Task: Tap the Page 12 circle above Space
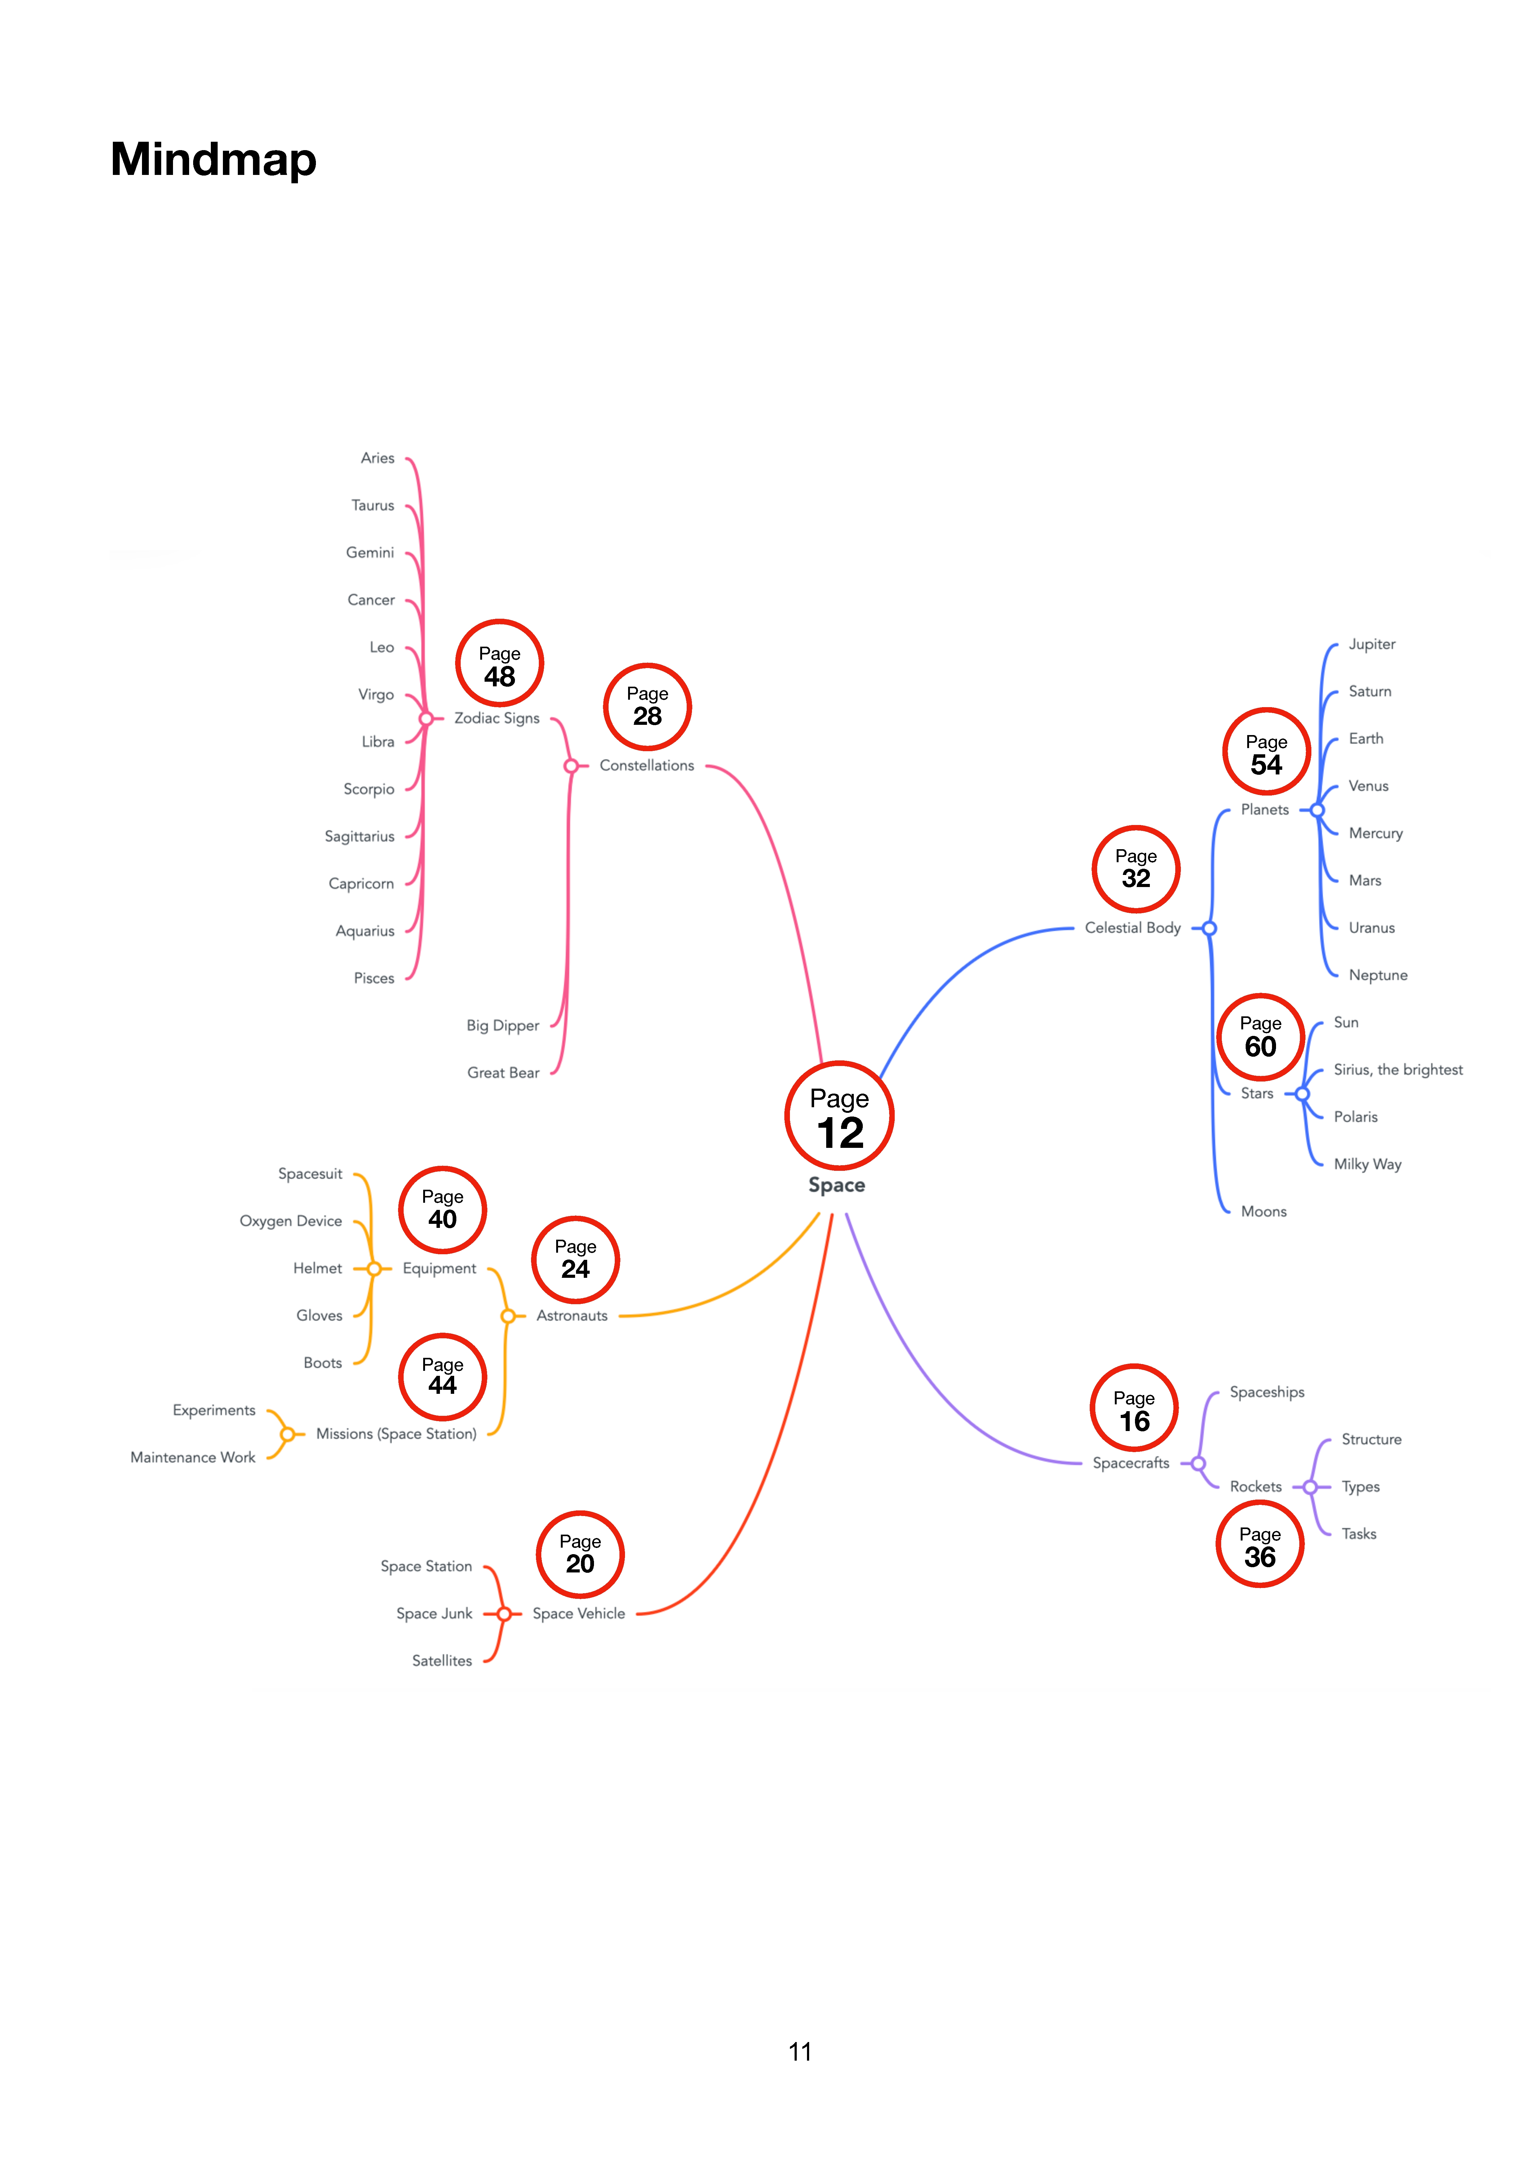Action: click(x=840, y=1116)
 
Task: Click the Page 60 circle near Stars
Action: click(x=1260, y=1037)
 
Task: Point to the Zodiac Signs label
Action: click(x=497, y=718)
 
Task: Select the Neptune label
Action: click(x=1378, y=975)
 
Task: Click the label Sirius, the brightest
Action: click(x=1398, y=1070)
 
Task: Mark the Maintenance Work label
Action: click(x=193, y=1458)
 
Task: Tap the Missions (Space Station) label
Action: click(x=396, y=1434)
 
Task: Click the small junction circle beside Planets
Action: click(x=1317, y=810)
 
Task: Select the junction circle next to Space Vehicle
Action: click(x=504, y=1614)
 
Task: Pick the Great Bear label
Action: click(x=503, y=1073)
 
